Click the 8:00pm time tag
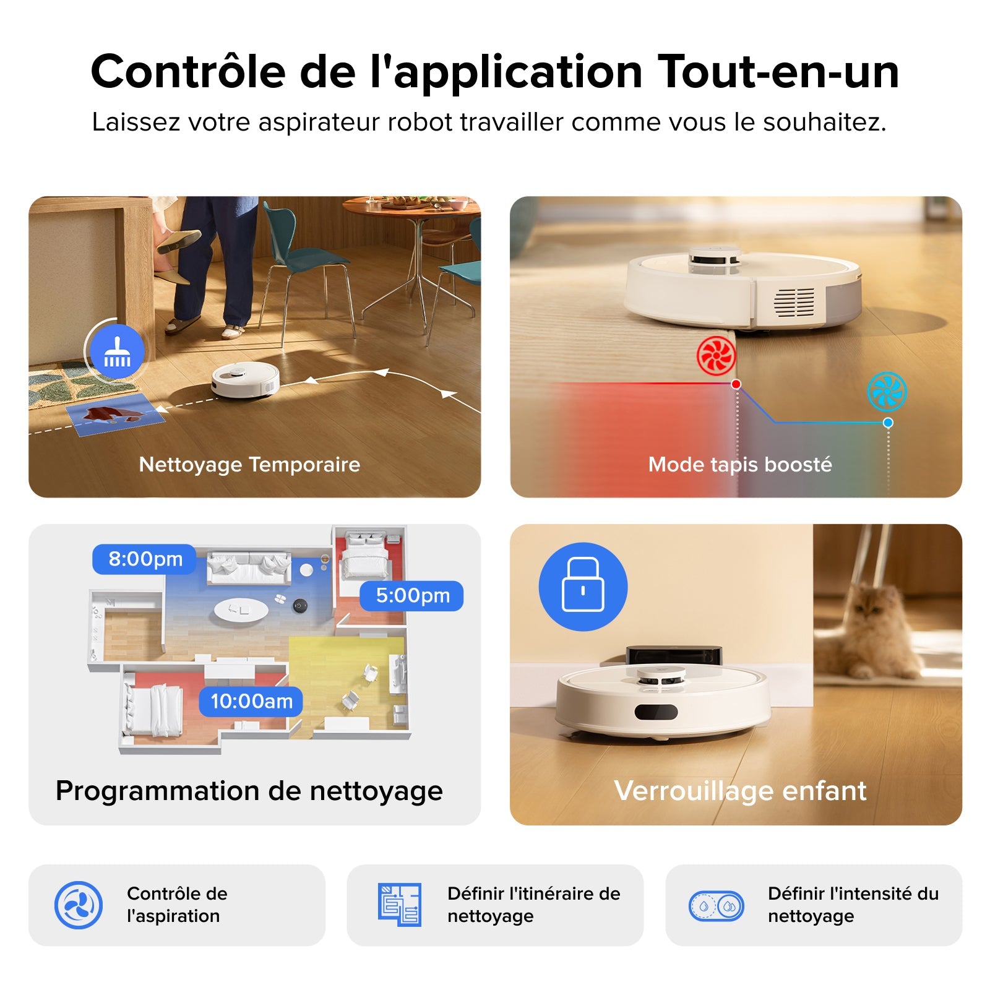coord(145,559)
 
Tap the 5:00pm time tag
coord(412,596)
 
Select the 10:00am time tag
coord(251,702)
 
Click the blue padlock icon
coord(583,587)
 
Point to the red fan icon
coord(716,356)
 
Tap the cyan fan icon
coord(887,391)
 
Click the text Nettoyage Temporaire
coord(249,464)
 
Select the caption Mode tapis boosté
coord(740,464)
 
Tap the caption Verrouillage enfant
coord(740,791)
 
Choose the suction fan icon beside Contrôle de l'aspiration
coord(79,905)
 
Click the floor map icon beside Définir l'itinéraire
coord(400,905)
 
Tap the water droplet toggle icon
coord(717,906)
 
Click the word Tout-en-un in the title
coord(778,72)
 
